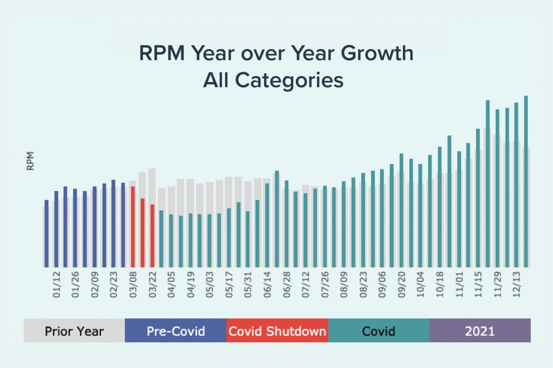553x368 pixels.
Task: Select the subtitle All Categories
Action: (x=273, y=80)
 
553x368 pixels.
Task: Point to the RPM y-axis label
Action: (x=30, y=161)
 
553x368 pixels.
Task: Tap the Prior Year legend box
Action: (x=74, y=331)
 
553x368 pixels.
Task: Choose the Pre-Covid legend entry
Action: (x=176, y=331)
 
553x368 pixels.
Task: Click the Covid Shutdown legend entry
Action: (x=277, y=331)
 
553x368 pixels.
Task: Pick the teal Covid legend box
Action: (x=379, y=331)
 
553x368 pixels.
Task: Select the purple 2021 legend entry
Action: (x=480, y=331)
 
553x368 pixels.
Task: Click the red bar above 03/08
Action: (x=133, y=227)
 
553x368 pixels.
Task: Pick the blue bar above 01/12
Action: (x=56, y=229)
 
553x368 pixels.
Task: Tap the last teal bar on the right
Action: (x=526, y=181)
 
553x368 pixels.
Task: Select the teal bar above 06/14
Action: (x=267, y=225)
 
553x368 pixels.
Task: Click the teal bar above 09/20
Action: (x=402, y=210)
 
